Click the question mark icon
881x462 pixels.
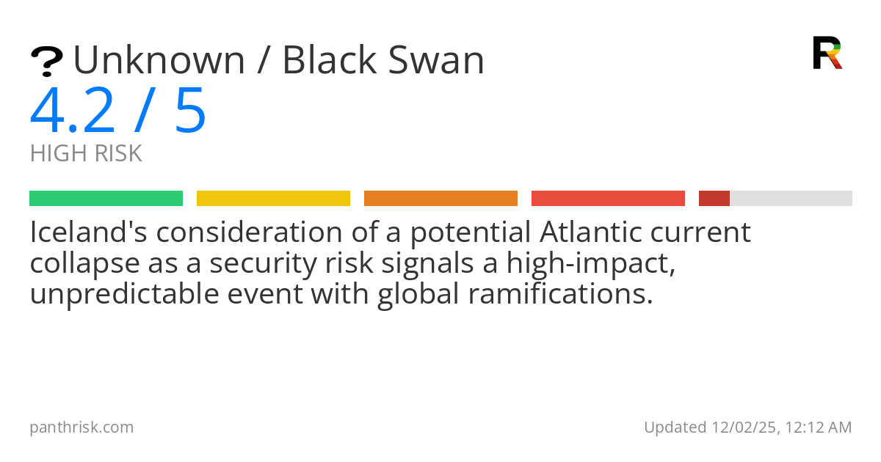[x=46, y=62]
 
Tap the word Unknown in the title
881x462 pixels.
[x=159, y=60]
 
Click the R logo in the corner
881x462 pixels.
[x=827, y=53]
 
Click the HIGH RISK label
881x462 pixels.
[x=86, y=154]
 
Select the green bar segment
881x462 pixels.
[x=106, y=198]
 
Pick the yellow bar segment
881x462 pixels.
[x=273, y=198]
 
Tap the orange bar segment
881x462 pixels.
[x=440, y=198]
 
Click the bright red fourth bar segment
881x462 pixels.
[x=608, y=198]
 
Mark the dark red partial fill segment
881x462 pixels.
[x=714, y=198]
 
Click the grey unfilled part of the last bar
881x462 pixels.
[x=791, y=198]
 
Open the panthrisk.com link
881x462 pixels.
[x=81, y=428]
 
